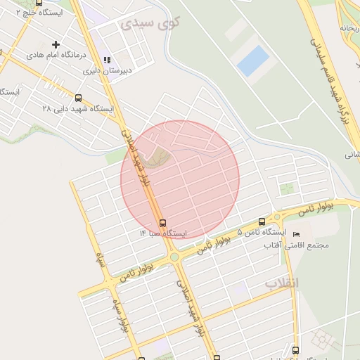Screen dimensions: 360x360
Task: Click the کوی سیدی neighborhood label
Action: point(150,22)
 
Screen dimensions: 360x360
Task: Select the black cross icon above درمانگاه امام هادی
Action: point(56,44)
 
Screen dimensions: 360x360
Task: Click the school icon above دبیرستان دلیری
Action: point(107,60)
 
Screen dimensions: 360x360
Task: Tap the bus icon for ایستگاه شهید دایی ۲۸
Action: point(77,98)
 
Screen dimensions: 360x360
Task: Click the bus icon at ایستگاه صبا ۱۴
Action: point(163,223)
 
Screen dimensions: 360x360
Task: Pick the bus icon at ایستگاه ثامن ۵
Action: point(262,222)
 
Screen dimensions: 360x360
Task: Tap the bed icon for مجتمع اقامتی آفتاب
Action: point(296,234)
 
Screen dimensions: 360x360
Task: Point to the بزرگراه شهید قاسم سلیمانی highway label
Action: point(326,77)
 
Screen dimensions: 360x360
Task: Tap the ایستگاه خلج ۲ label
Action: point(39,13)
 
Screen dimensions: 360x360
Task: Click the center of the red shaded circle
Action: point(180,179)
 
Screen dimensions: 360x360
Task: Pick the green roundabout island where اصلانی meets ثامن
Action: point(174,257)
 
